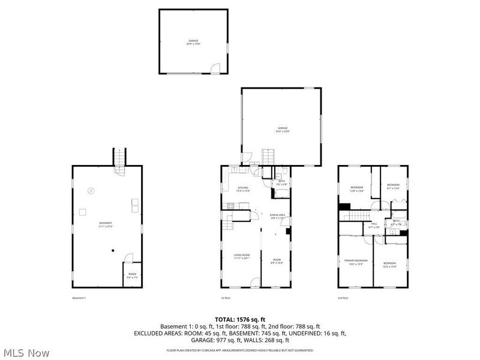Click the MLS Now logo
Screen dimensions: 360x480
[x=26, y=353]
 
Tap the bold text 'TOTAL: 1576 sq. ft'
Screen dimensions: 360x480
[x=240, y=319]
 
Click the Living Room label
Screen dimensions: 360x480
[x=241, y=257]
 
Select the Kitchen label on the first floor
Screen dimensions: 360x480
[x=242, y=189]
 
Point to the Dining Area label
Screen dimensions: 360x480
[x=277, y=217]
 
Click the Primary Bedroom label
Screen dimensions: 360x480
[x=356, y=261]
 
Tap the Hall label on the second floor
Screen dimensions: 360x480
[x=374, y=226]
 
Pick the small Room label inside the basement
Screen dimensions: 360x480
[x=132, y=277]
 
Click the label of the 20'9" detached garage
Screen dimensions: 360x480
[x=193, y=43]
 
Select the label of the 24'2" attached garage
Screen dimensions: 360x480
[x=282, y=130]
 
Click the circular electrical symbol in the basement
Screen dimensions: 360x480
[x=91, y=191]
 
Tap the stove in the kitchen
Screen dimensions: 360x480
[x=229, y=207]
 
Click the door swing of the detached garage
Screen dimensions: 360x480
[x=214, y=70]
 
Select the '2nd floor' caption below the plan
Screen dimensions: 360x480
[x=344, y=298]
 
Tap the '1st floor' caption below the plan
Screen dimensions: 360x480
[x=226, y=298]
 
